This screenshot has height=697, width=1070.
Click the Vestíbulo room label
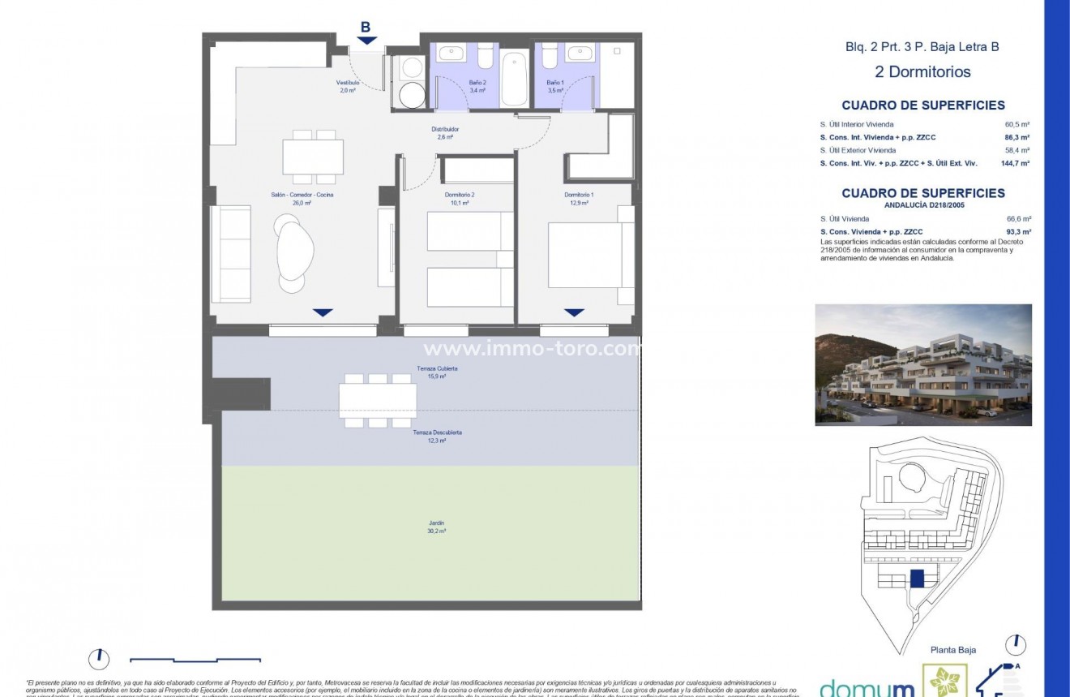(347, 87)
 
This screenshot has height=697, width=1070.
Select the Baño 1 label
(554, 87)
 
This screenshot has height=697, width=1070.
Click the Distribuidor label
(445, 133)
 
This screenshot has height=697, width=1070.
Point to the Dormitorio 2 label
(459, 199)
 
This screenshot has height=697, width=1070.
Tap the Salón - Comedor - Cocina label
(302, 199)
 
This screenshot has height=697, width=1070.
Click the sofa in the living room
(231, 254)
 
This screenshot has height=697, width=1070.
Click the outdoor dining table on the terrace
(378, 401)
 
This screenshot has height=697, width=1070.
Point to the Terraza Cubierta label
(437, 372)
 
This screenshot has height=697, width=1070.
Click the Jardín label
(437, 527)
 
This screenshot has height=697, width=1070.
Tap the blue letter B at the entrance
(366, 27)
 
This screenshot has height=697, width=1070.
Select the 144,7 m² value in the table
(1016, 163)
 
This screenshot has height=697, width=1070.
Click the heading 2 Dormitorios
(922, 71)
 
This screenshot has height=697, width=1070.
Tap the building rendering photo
(923, 365)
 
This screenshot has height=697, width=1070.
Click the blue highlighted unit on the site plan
(917, 579)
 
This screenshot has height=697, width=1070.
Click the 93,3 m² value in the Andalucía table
(1018, 231)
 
